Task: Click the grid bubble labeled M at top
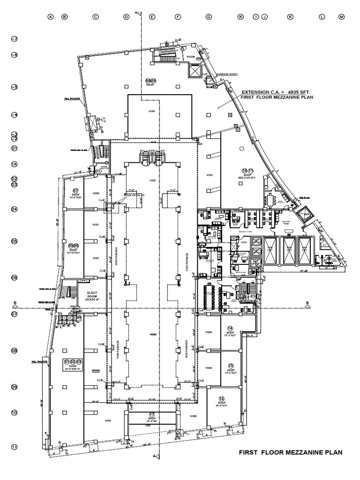tap(341, 17)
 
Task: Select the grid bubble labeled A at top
tap(51, 17)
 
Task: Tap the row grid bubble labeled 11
tap(15, 447)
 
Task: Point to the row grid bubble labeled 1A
tap(15, 164)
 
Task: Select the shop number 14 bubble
tap(230, 328)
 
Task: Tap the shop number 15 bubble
tap(230, 366)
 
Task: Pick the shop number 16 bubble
tap(222, 398)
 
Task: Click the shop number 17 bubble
tap(151, 414)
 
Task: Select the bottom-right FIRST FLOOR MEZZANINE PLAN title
tap(291, 452)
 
